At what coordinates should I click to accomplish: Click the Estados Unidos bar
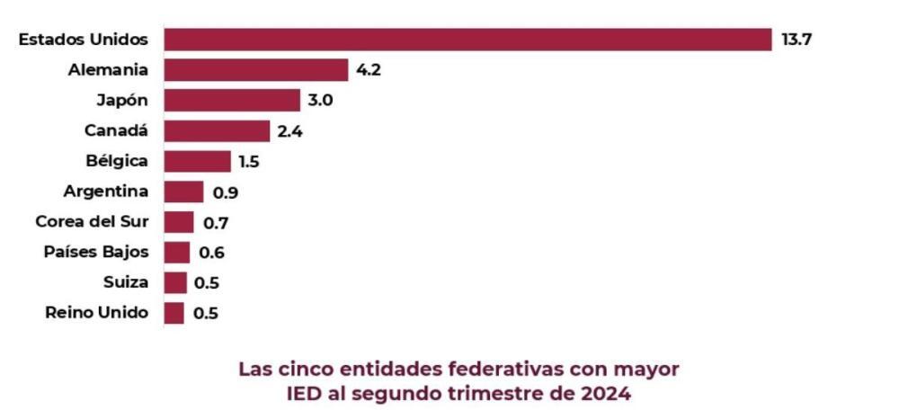point(467,40)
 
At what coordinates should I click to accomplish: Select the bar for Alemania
point(256,70)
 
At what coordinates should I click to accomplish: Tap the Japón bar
point(232,101)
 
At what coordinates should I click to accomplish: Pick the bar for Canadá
point(217,131)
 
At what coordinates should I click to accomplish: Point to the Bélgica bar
point(198,162)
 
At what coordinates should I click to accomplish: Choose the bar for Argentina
point(184,192)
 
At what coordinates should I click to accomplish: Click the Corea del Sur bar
point(179,222)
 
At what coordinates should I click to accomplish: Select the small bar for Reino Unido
point(174,313)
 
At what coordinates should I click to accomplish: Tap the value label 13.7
point(797,40)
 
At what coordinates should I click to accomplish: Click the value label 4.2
point(369,70)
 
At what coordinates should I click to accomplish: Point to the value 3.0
point(321,101)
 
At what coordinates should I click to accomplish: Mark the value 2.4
point(290,131)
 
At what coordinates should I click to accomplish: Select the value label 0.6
point(211,253)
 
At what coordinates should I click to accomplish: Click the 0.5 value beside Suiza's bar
point(207,283)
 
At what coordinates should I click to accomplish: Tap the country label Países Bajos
point(96,253)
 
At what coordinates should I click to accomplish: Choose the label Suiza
point(126,283)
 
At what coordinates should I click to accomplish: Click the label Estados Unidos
point(84,40)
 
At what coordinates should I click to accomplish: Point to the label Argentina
point(105,192)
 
